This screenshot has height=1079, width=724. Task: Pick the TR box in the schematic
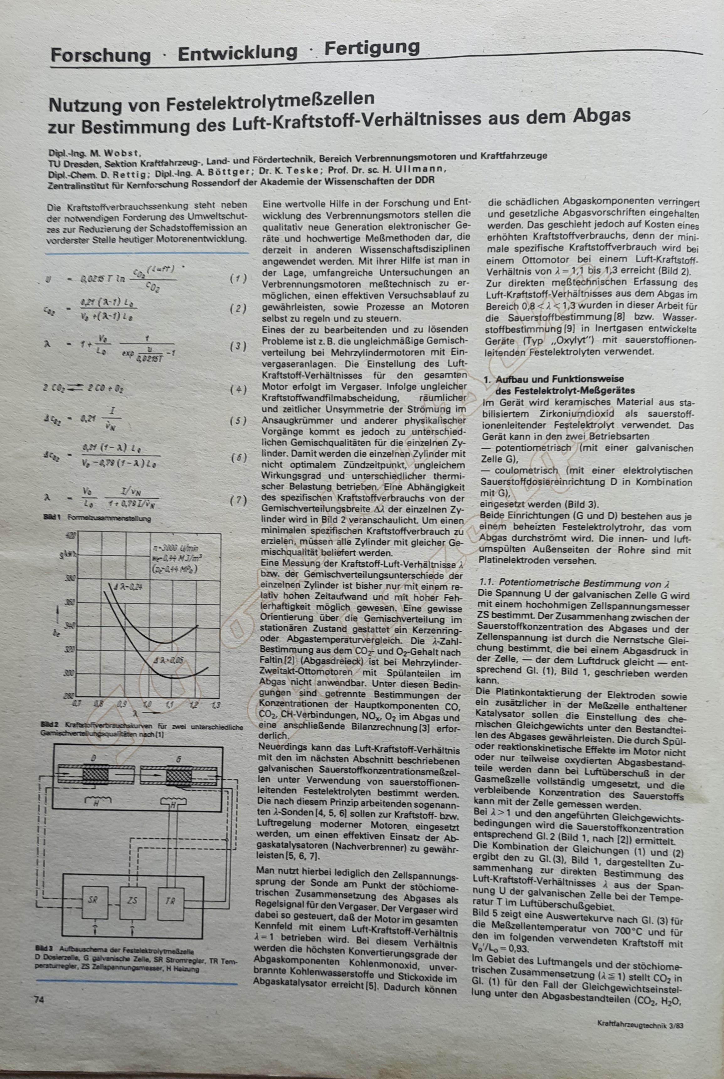tap(170, 900)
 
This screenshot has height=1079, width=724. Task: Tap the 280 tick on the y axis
tap(68, 696)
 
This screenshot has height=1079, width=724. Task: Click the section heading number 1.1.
tap(487, 583)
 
